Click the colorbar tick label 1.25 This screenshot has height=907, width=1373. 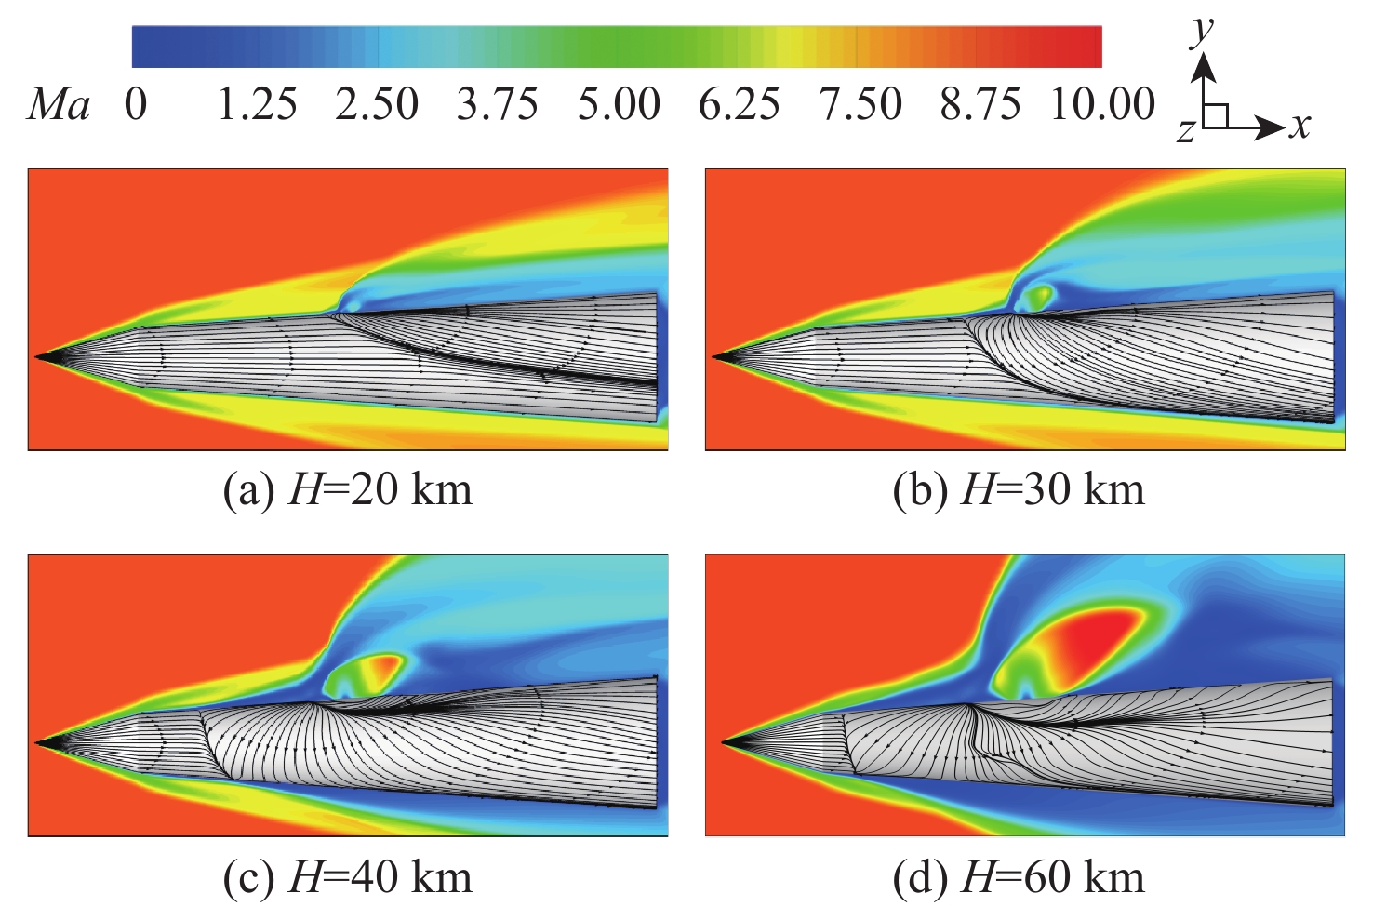coord(257,104)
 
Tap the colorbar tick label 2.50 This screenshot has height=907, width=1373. coord(377,104)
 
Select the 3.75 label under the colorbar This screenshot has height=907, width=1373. coord(498,104)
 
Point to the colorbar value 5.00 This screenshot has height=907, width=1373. coord(619,104)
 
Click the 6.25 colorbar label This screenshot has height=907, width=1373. coord(740,104)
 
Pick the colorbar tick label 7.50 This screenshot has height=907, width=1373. coord(860,104)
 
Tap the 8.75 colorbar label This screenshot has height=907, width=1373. coord(980,104)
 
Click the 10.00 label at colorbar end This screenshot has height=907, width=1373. coord(1102,104)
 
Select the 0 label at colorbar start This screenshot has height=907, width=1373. coord(136,104)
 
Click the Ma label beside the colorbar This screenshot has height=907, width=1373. coord(60,105)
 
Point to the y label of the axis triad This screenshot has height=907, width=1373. coord(1204,31)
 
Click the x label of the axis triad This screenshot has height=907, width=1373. coord(1300,125)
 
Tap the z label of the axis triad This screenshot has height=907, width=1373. coord(1185,131)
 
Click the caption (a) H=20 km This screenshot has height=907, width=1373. coord(348,489)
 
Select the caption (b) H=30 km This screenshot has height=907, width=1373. coord(1019,489)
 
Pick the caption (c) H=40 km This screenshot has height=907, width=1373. coord(348,876)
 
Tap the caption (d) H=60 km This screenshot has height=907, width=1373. coord(1019,876)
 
